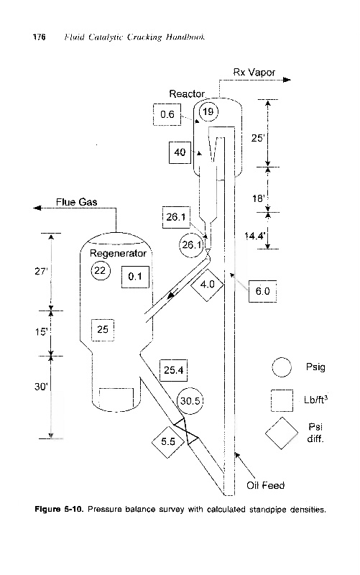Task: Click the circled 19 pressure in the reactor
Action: (x=208, y=111)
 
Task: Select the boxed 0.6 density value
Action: (x=167, y=114)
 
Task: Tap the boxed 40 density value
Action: (x=180, y=152)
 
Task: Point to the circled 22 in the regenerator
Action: (x=100, y=271)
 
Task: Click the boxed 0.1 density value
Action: (x=135, y=277)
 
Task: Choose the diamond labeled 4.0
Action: (x=207, y=285)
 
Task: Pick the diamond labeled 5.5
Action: (x=168, y=441)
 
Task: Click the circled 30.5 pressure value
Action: (x=190, y=401)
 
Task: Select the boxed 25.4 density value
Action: (x=173, y=370)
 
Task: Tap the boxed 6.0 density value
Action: (x=262, y=291)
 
